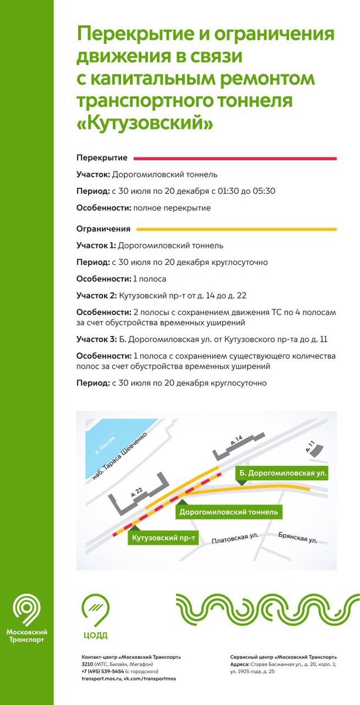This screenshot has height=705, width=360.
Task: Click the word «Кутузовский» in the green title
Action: point(144,124)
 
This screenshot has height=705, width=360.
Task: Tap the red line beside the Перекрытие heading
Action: point(235,158)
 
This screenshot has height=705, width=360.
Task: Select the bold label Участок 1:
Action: point(96,246)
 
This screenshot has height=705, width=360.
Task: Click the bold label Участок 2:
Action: point(96,295)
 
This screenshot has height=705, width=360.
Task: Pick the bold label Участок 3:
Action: point(96,339)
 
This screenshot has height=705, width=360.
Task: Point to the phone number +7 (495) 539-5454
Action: point(102,671)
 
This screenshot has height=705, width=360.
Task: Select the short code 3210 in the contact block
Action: point(88,664)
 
